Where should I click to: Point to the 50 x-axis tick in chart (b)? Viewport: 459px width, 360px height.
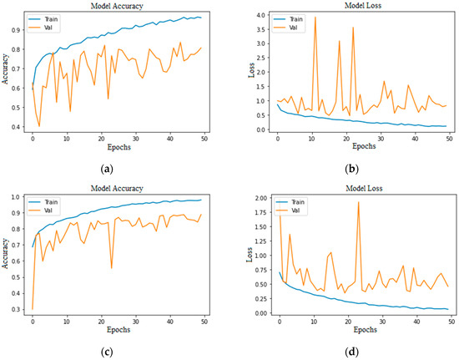tap(448, 139)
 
